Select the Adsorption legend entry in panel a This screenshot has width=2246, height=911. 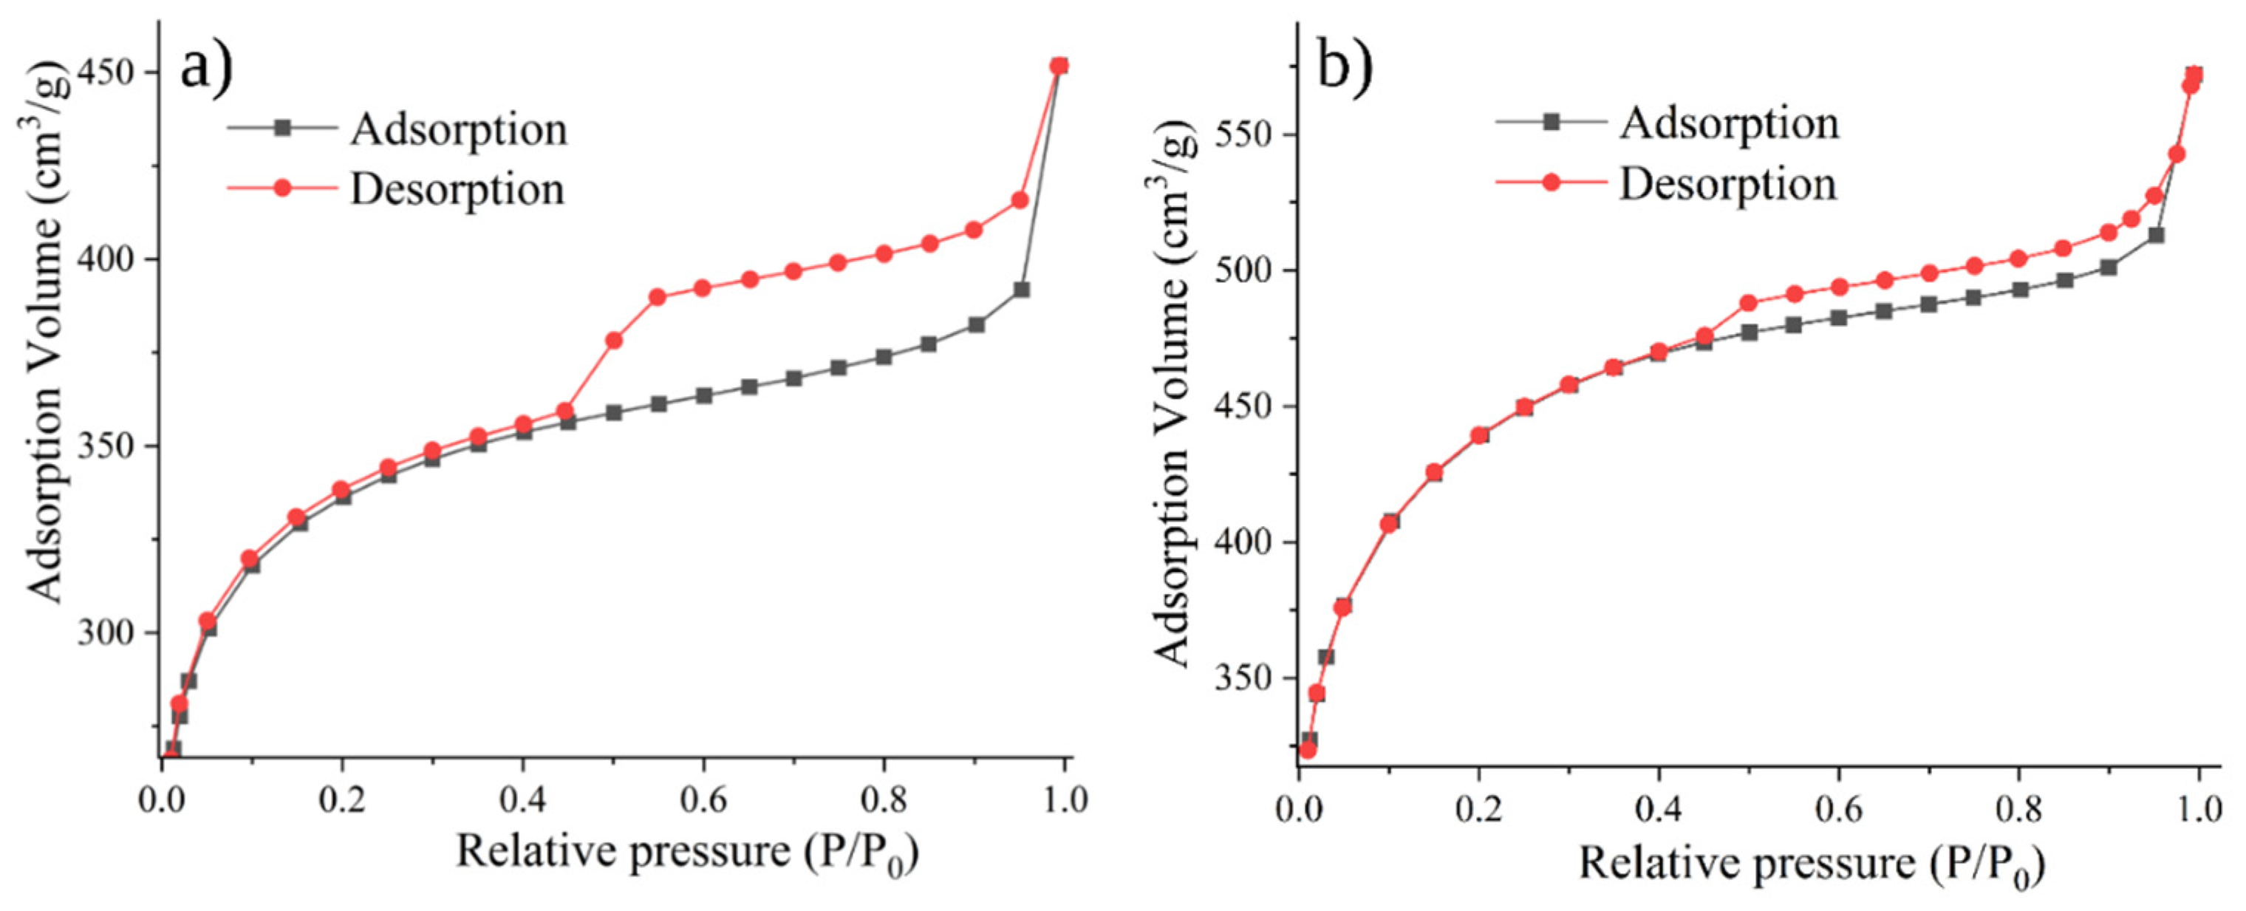pyautogui.click(x=458, y=129)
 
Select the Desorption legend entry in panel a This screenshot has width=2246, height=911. pyautogui.click(x=456, y=189)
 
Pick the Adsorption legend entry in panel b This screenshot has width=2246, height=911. pyautogui.click(x=1728, y=123)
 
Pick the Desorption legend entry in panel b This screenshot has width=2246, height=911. pyautogui.click(x=1727, y=184)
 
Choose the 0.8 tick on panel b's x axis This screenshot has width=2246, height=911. pyautogui.click(x=2018, y=809)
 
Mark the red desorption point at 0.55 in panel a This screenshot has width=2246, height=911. pyautogui.click(x=658, y=297)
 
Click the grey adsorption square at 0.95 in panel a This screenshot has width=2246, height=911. pyautogui.click(x=1021, y=290)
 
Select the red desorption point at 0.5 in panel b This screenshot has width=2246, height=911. pyautogui.click(x=1748, y=304)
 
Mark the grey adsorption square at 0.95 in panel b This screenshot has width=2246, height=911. pyautogui.click(x=2155, y=236)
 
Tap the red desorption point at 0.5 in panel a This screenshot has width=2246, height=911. pyautogui.click(x=614, y=340)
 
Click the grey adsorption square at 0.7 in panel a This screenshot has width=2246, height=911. pyautogui.click(x=793, y=378)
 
